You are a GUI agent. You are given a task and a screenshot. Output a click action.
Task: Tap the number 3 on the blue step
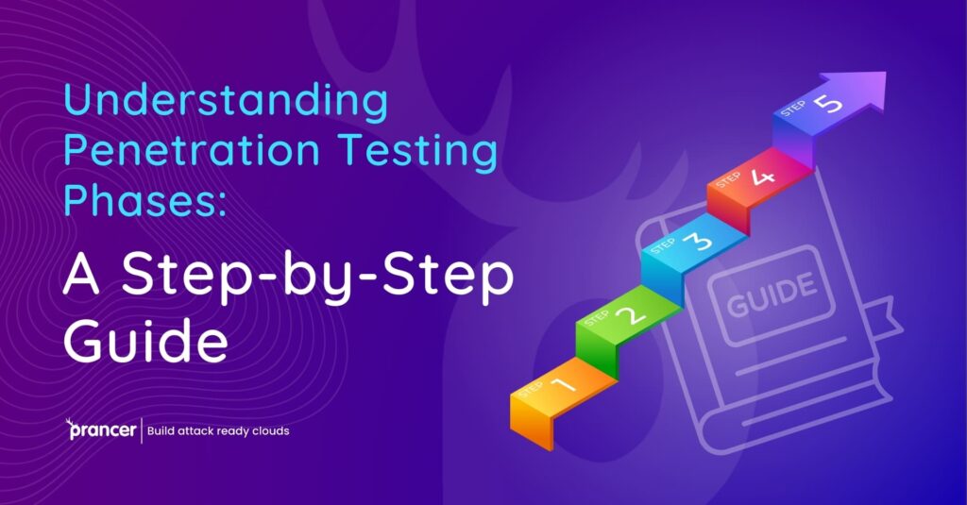(701, 243)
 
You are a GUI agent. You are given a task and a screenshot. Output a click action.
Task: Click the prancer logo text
(103, 431)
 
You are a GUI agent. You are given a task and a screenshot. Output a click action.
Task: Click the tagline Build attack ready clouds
(218, 431)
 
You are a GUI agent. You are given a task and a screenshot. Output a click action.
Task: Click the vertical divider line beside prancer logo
(142, 430)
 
